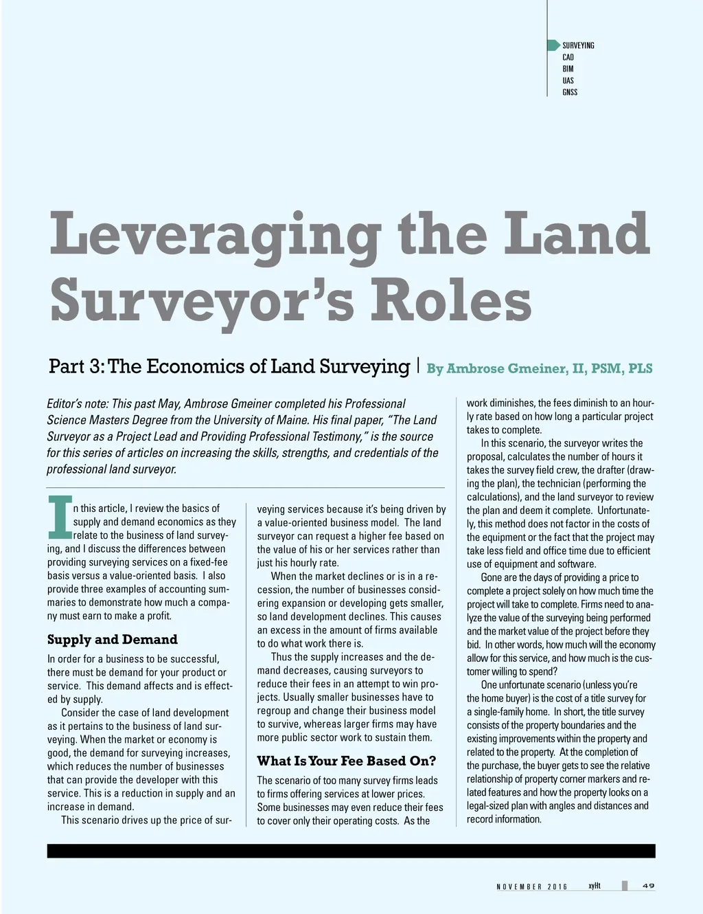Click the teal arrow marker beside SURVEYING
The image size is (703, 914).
[x=553, y=45]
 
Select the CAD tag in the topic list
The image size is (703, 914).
[x=568, y=57]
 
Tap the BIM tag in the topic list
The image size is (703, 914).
[x=568, y=69]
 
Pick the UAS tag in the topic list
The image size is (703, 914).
[x=568, y=80]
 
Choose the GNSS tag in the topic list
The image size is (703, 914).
[x=570, y=92]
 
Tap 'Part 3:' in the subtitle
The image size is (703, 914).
[x=76, y=366]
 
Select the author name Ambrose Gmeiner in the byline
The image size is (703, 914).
[x=503, y=368]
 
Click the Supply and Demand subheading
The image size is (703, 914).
[x=112, y=640]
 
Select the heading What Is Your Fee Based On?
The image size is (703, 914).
[x=347, y=761]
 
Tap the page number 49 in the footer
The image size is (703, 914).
[x=647, y=885]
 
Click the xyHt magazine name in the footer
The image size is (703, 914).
[x=595, y=885]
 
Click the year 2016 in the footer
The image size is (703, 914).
[x=557, y=887]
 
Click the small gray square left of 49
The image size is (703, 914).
[x=625, y=885]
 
